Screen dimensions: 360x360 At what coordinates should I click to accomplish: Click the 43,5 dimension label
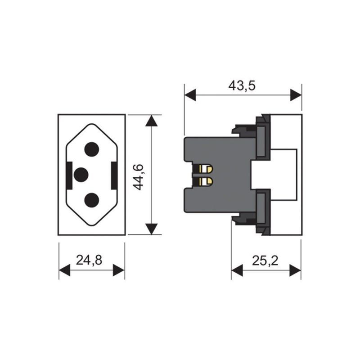(x=242, y=85)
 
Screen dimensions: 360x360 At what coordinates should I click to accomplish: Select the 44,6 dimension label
(x=139, y=177)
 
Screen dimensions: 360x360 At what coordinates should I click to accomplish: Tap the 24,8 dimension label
(x=89, y=261)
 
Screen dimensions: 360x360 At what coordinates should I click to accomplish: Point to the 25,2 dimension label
(x=265, y=261)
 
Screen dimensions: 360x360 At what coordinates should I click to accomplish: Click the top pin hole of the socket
(x=92, y=149)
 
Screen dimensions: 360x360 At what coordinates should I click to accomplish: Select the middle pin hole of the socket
(x=81, y=175)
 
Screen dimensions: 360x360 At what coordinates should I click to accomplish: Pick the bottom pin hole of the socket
(x=92, y=200)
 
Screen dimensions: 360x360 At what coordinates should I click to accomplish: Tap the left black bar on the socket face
(x=69, y=175)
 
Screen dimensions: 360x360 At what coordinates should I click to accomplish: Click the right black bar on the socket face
(x=114, y=175)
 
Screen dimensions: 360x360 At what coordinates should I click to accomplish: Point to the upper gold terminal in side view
(x=206, y=169)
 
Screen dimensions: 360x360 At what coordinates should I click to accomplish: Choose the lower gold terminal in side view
(x=206, y=182)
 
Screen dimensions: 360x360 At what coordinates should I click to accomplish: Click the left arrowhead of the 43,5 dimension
(x=190, y=95)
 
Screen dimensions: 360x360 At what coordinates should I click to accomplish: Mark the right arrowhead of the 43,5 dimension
(x=296, y=95)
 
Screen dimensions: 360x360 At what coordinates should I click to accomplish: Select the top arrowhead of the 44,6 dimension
(x=152, y=121)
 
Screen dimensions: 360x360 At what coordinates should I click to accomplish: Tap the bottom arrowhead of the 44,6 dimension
(x=152, y=229)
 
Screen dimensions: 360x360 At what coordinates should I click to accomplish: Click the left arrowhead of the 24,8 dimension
(x=64, y=270)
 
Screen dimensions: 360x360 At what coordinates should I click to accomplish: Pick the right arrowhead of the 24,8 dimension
(x=119, y=270)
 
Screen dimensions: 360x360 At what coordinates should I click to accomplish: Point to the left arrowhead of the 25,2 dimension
(x=237, y=270)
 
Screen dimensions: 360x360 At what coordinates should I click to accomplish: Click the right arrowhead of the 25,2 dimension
(x=295, y=270)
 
